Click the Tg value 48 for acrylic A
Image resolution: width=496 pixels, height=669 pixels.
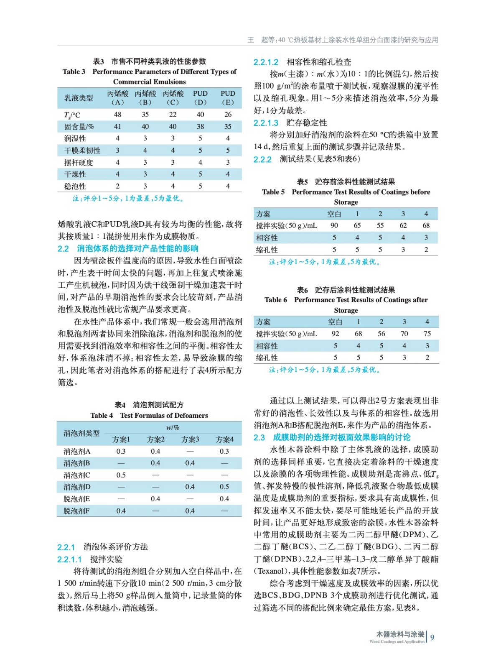(117, 115)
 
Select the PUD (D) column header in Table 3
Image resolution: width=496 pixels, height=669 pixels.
(200, 98)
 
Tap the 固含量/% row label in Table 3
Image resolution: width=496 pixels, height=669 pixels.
(79, 127)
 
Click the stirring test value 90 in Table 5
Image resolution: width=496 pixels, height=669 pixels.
(334, 226)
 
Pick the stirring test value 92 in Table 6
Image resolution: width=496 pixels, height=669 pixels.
(335, 334)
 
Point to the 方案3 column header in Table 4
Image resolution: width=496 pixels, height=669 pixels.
(190, 439)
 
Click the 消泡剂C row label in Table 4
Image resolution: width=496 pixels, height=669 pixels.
(77, 475)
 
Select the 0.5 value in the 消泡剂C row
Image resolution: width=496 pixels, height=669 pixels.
(121, 475)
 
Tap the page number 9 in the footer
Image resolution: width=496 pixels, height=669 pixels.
(432, 638)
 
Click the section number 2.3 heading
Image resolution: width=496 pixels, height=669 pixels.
(259, 438)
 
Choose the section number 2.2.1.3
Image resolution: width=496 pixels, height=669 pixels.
(266, 123)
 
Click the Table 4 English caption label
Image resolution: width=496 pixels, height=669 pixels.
(102, 416)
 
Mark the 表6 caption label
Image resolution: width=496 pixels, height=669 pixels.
(302, 290)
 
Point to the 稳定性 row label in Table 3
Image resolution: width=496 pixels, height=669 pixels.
(75, 186)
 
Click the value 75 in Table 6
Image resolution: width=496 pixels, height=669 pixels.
(427, 334)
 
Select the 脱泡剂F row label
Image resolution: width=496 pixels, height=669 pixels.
(76, 511)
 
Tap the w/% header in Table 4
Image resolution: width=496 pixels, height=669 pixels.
(173, 428)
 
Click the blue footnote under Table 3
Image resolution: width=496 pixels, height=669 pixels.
(128, 199)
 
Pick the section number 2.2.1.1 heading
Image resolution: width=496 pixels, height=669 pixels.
(69, 559)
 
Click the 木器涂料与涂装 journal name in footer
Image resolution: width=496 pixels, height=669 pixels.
(400, 634)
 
